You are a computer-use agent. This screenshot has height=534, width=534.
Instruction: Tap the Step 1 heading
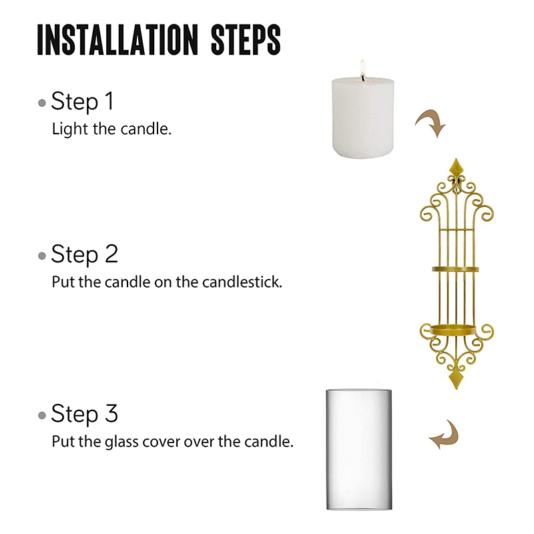click(83, 102)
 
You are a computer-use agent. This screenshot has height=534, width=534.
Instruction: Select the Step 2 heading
click(84, 254)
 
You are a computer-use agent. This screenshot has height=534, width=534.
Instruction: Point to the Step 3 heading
click(84, 414)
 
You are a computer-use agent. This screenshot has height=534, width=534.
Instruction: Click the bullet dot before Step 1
click(43, 103)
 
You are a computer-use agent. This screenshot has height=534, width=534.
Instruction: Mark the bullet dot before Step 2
click(43, 256)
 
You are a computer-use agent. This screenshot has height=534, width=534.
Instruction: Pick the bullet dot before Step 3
click(43, 415)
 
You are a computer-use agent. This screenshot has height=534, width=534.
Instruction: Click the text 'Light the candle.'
click(111, 129)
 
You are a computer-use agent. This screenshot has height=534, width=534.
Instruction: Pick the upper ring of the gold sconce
click(457, 268)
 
